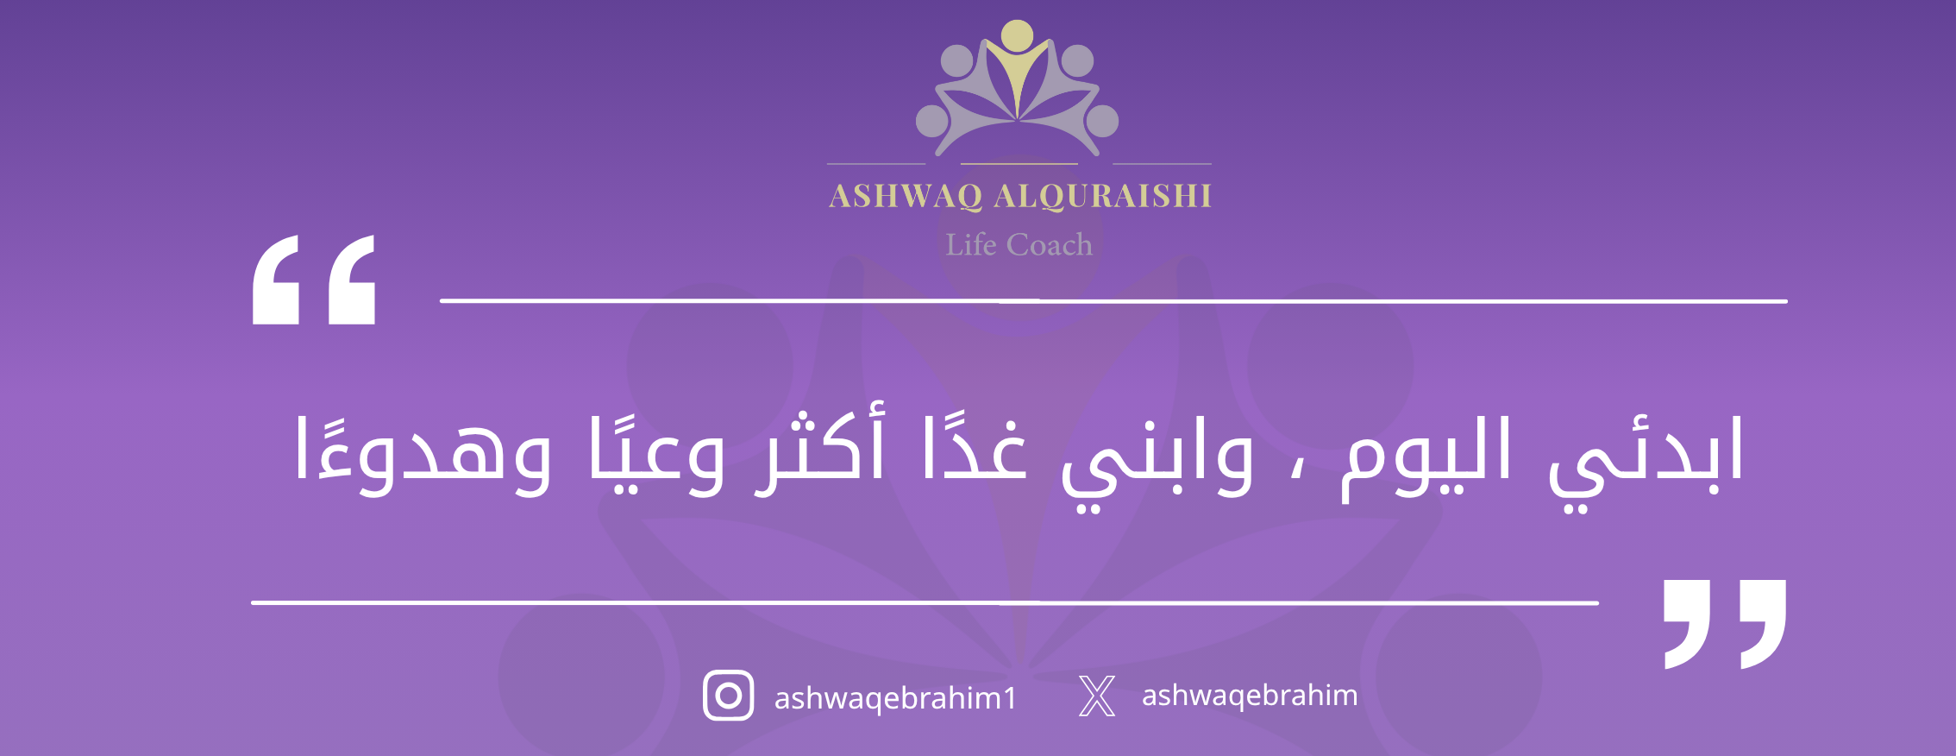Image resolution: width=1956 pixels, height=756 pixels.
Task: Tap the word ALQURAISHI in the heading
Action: [1103, 196]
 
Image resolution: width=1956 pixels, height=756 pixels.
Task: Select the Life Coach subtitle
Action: [1019, 244]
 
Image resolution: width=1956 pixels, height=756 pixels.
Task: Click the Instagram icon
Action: [729, 696]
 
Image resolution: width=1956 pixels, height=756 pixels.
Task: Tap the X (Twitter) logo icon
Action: [1097, 696]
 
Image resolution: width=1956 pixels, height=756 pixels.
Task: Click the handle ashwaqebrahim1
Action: [895, 697]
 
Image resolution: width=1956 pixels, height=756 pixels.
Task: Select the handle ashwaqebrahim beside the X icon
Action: [1250, 695]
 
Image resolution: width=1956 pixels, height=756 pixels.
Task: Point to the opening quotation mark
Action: [314, 279]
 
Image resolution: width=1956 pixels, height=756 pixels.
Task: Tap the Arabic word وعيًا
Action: [656, 454]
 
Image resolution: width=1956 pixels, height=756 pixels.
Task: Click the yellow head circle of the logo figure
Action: [1018, 35]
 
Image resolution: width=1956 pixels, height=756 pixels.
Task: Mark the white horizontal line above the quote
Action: [1113, 301]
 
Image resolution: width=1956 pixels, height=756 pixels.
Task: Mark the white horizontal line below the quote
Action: [925, 602]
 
